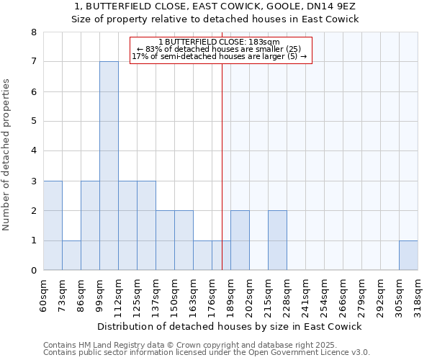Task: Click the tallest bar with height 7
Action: click(x=109, y=166)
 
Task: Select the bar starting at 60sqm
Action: click(x=53, y=225)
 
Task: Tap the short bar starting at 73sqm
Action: click(x=71, y=255)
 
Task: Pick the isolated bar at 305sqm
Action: click(x=408, y=255)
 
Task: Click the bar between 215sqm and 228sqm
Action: click(x=277, y=240)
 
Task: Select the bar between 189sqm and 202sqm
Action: click(x=240, y=240)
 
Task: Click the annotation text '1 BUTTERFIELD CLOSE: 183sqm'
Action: click(x=220, y=42)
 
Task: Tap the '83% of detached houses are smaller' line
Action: click(x=220, y=49)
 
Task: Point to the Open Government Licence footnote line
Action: click(x=207, y=353)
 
